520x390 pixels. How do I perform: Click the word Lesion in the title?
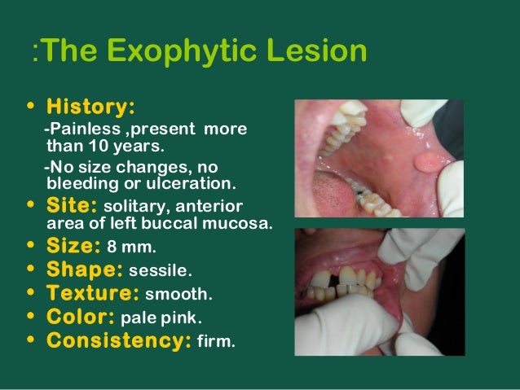coord(317,53)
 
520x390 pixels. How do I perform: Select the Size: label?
coord(73,246)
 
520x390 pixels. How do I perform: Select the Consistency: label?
coord(119,340)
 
